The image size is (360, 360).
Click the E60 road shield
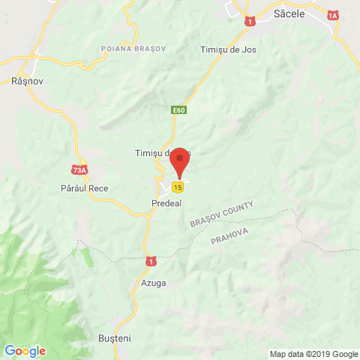point(178,110)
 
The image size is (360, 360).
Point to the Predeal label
point(166,202)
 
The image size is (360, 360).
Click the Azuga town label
point(153,283)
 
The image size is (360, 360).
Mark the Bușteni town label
point(115,338)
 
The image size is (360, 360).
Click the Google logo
point(25,350)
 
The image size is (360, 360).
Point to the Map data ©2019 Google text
point(314,354)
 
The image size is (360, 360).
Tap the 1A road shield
point(333,15)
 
